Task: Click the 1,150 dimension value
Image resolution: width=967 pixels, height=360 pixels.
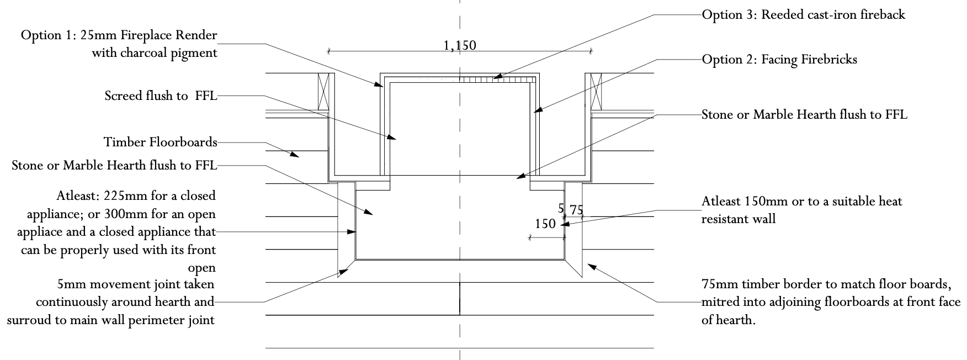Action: pyautogui.click(x=459, y=45)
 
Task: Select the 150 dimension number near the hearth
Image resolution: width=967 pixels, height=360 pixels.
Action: pyautogui.click(x=545, y=224)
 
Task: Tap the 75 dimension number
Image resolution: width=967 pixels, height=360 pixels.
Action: pyautogui.click(x=576, y=210)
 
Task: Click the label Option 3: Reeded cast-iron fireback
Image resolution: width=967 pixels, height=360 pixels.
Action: pyautogui.click(x=804, y=15)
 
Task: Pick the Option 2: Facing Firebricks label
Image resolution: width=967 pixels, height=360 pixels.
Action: pyautogui.click(x=779, y=60)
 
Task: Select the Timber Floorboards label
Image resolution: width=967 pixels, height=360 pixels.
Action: pyautogui.click(x=161, y=142)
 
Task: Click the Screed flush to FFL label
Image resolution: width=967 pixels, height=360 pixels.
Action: pyautogui.click(x=161, y=96)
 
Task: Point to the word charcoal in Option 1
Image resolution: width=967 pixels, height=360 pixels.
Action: pyautogui.click(x=157, y=54)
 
